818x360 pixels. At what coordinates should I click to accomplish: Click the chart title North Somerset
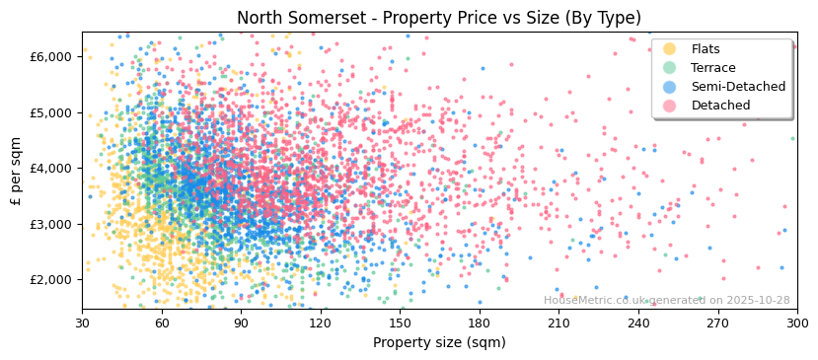tap(439, 18)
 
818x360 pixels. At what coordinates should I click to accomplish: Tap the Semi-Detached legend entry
tap(738, 87)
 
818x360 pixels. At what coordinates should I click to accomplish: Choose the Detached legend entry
tap(720, 106)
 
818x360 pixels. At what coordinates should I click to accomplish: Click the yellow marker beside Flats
tap(670, 49)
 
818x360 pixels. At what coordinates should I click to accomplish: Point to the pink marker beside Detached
tap(670, 106)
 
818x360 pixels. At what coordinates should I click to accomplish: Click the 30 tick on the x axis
tap(82, 324)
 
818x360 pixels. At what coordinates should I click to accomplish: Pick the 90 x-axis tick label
tap(241, 324)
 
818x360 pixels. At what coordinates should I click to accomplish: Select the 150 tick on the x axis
tap(400, 324)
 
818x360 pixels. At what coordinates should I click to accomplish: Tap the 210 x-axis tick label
tap(558, 324)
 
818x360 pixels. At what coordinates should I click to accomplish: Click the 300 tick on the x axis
tap(796, 324)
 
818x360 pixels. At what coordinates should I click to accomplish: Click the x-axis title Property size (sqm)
tap(439, 343)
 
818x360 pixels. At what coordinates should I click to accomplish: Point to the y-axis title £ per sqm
tap(17, 171)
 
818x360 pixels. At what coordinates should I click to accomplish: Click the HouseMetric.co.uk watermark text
tap(666, 301)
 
